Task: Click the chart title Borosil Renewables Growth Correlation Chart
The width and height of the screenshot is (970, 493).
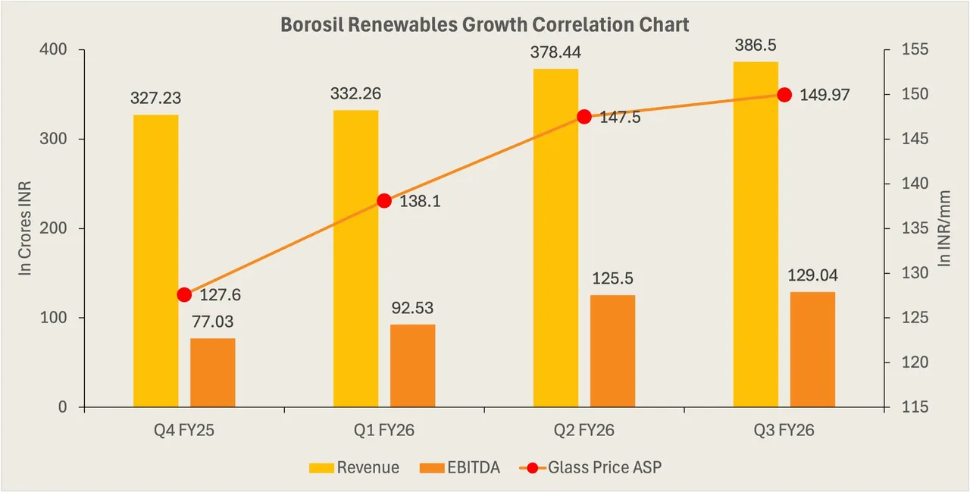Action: tap(485, 24)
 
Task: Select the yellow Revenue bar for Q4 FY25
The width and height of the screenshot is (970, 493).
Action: tap(155, 261)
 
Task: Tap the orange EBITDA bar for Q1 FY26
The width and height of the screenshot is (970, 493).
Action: tap(413, 366)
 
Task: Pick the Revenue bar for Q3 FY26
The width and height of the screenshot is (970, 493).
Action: tap(756, 234)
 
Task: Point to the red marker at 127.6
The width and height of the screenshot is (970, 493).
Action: tap(184, 294)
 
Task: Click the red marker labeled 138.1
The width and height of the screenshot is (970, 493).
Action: tap(384, 201)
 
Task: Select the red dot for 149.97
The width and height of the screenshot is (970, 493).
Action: tap(784, 95)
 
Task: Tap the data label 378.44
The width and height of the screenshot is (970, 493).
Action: tap(555, 52)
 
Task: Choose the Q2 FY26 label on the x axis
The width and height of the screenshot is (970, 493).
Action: tap(584, 430)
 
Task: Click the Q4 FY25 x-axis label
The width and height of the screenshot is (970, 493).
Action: tap(184, 430)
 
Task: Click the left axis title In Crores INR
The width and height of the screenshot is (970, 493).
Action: tap(25, 228)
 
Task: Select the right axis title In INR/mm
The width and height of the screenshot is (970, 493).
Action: tap(944, 228)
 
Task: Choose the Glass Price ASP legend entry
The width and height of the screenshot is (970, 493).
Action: tap(590, 468)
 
